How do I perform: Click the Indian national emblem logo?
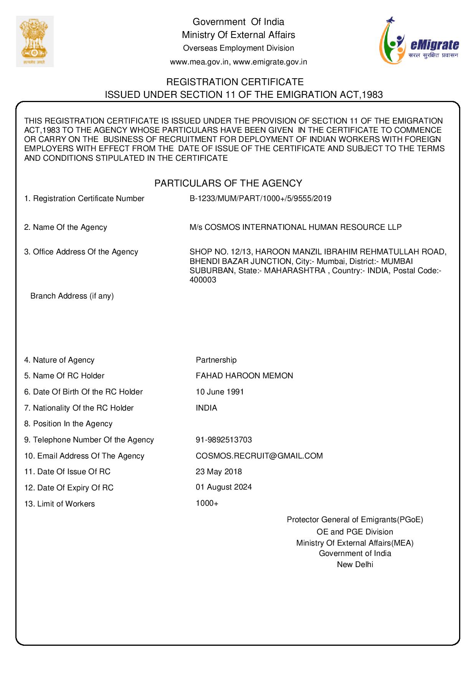tap(35, 41)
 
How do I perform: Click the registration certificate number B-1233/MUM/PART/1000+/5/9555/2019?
tap(260, 199)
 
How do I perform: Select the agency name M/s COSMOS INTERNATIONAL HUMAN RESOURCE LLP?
tap(296, 227)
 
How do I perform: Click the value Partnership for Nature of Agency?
tap(216, 360)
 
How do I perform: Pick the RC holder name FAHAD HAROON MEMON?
tap(244, 376)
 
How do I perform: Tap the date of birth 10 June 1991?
tap(220, 392)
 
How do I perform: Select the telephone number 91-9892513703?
tap(224, 440)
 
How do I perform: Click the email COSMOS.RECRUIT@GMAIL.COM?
tap(259, 456)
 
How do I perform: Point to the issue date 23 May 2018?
tap(219, 472)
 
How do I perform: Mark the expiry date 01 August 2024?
tap(224, 487)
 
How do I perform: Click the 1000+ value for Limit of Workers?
tap(207, 503)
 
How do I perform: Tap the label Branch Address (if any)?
tap(72, 296)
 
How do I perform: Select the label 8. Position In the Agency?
tap(68, 424)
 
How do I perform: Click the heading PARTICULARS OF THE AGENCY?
tap(228, 183)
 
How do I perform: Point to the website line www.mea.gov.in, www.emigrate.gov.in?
tap(238, 62)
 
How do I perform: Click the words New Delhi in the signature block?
tap(355, 564)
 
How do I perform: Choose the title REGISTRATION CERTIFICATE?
tap(235, 82)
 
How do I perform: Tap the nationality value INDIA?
tap(206, 408)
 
